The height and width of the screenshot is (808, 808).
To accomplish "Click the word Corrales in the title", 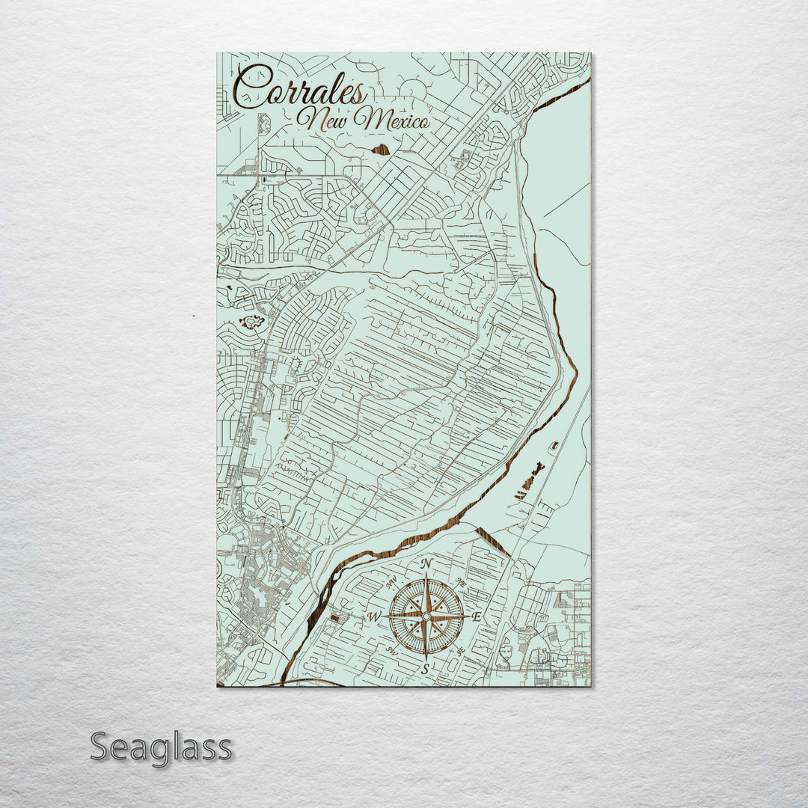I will tap(299, 88).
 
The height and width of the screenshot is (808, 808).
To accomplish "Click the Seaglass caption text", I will tap(161, 747).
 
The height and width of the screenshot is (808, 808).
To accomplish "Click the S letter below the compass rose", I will tap(426, 669).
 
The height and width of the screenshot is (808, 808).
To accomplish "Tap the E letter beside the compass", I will tap(477, 616).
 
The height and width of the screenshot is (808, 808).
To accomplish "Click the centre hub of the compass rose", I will tap(426, 616).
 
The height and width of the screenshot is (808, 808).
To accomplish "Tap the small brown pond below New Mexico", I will tap(381, 150).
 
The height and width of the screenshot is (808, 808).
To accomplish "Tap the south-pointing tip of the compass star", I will tap(426, 658).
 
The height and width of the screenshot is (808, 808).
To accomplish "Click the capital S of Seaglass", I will tap(101, 747).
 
